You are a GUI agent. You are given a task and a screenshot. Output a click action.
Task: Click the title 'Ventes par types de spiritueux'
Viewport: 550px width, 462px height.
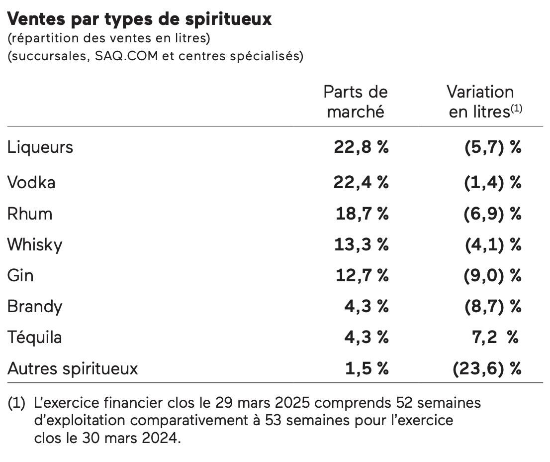(140, 19)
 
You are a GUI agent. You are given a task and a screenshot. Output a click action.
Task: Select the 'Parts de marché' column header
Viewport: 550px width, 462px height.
(355, 102)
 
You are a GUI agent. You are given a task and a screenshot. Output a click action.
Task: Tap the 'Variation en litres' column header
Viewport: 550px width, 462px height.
(483, 102)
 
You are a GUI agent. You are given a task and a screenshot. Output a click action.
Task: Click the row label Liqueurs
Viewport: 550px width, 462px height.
(40, 147)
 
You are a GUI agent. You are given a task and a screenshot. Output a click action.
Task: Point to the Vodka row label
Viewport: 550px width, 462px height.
(31, 183)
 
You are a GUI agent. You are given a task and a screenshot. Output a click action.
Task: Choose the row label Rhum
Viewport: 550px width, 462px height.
(30, 214)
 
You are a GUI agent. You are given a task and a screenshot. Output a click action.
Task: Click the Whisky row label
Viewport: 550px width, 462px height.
(35, 244)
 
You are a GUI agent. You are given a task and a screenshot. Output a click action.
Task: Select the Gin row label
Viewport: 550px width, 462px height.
(20, 275)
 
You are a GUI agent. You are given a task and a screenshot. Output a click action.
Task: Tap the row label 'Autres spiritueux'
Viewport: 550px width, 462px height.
(73, 369)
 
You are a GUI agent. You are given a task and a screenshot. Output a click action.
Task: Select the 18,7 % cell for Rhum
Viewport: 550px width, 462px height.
(362, 214)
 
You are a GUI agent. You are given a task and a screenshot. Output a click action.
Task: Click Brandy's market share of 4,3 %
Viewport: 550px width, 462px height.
(367, 306)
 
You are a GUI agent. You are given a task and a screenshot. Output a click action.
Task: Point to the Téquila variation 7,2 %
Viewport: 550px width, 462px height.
(494, 338)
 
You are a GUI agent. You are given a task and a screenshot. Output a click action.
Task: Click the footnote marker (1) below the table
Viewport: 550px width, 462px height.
(16, 403)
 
